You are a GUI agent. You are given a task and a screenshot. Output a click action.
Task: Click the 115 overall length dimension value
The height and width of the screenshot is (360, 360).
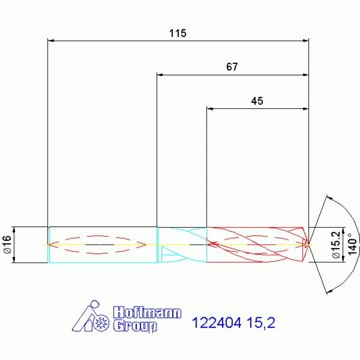(178, 33)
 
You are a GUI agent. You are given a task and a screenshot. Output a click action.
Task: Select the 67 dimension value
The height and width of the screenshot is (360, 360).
(232, 67)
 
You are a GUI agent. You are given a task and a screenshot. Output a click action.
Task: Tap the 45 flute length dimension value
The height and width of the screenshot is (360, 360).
(257, 101)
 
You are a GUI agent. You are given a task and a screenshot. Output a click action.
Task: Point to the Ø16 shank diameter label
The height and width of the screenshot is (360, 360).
(7, 245)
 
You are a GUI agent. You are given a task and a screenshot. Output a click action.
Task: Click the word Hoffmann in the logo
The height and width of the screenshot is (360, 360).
(147, 313)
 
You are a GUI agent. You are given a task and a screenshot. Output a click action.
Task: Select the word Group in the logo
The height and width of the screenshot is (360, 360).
(135, 326)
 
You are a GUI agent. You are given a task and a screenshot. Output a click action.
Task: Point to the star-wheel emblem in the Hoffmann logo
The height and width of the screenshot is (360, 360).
(102, 323)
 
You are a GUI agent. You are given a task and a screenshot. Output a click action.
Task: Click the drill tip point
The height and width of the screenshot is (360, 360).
(308, 244)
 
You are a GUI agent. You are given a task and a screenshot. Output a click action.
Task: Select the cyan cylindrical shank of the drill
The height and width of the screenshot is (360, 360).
(102, 245)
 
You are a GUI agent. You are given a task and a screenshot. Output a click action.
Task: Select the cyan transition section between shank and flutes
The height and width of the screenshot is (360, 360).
(182, 245)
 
